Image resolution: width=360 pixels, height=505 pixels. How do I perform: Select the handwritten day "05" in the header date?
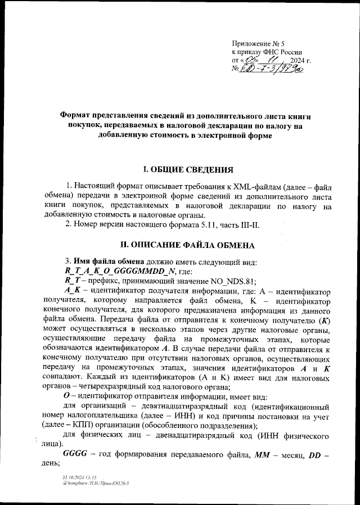[250, 60]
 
